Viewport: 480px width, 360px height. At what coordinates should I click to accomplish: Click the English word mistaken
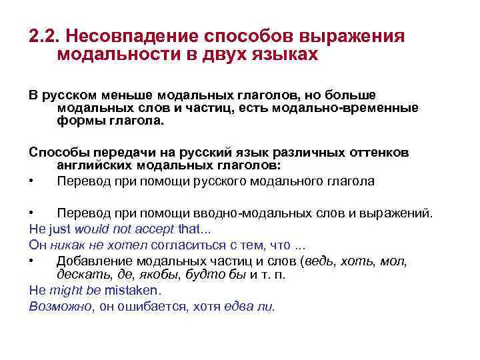pyautogui.click(x=134, y=291)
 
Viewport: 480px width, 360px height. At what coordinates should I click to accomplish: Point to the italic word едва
pyautogui.click(x=243, y=306)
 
